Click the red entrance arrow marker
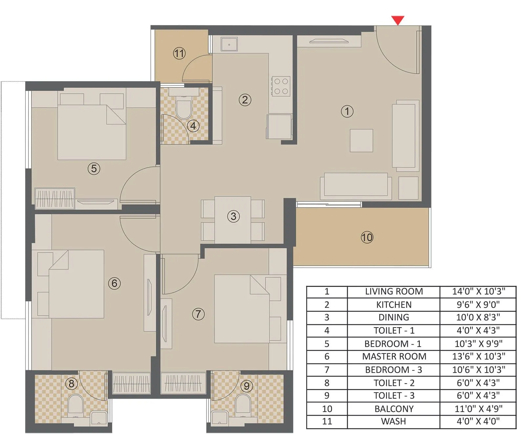[398, 20]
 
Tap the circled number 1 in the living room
[347, 111]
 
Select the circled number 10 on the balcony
[367, 237]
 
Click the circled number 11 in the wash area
[179, 53]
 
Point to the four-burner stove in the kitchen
[281, 86]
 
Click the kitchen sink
[229, 44]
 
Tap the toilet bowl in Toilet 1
[183, 109]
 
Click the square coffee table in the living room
[361, 141]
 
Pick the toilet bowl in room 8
[75, 405]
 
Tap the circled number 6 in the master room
[114, 283]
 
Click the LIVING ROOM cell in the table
[394, 292]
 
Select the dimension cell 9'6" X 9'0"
[478, 305]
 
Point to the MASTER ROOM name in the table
[394, 356]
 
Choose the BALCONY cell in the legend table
[394, 409]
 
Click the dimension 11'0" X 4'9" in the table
[478, 409]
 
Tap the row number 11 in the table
[327, 421]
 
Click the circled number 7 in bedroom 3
[198, 314]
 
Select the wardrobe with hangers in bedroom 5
[55, 198]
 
